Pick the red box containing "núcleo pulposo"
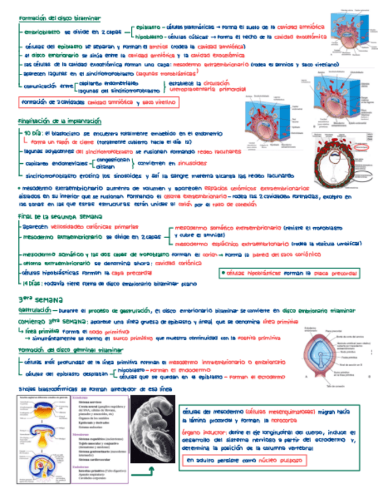(x=245, y=461)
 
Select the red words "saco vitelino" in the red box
(x=157, y=103)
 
